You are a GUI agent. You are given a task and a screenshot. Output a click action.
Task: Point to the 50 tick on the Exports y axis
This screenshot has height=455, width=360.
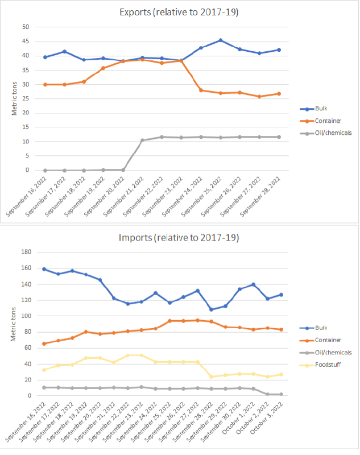(26, 27)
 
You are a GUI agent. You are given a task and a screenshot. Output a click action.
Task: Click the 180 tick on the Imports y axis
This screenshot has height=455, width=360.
(24, 252)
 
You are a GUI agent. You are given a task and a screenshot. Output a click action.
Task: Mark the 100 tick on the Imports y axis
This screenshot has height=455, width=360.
(24, 316)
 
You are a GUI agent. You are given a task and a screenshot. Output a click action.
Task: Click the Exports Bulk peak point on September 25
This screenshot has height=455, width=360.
(220, 40)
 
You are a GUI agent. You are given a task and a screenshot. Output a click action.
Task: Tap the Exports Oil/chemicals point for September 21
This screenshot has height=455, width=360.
(142, 140)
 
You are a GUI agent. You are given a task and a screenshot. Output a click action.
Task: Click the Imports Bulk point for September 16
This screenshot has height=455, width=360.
(44, 269)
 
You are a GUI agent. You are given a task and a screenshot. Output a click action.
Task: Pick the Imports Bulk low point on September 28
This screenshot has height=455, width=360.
(212, 309)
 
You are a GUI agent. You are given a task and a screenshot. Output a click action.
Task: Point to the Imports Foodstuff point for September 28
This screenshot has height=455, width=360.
(212, 377)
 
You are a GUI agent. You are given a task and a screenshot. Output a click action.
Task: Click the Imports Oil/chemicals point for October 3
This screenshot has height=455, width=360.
(281, 394)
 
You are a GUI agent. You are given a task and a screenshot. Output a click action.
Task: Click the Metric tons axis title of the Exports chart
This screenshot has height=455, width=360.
(15, 98)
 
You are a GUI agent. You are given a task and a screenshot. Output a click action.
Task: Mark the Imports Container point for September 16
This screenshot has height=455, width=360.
(44, 344)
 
